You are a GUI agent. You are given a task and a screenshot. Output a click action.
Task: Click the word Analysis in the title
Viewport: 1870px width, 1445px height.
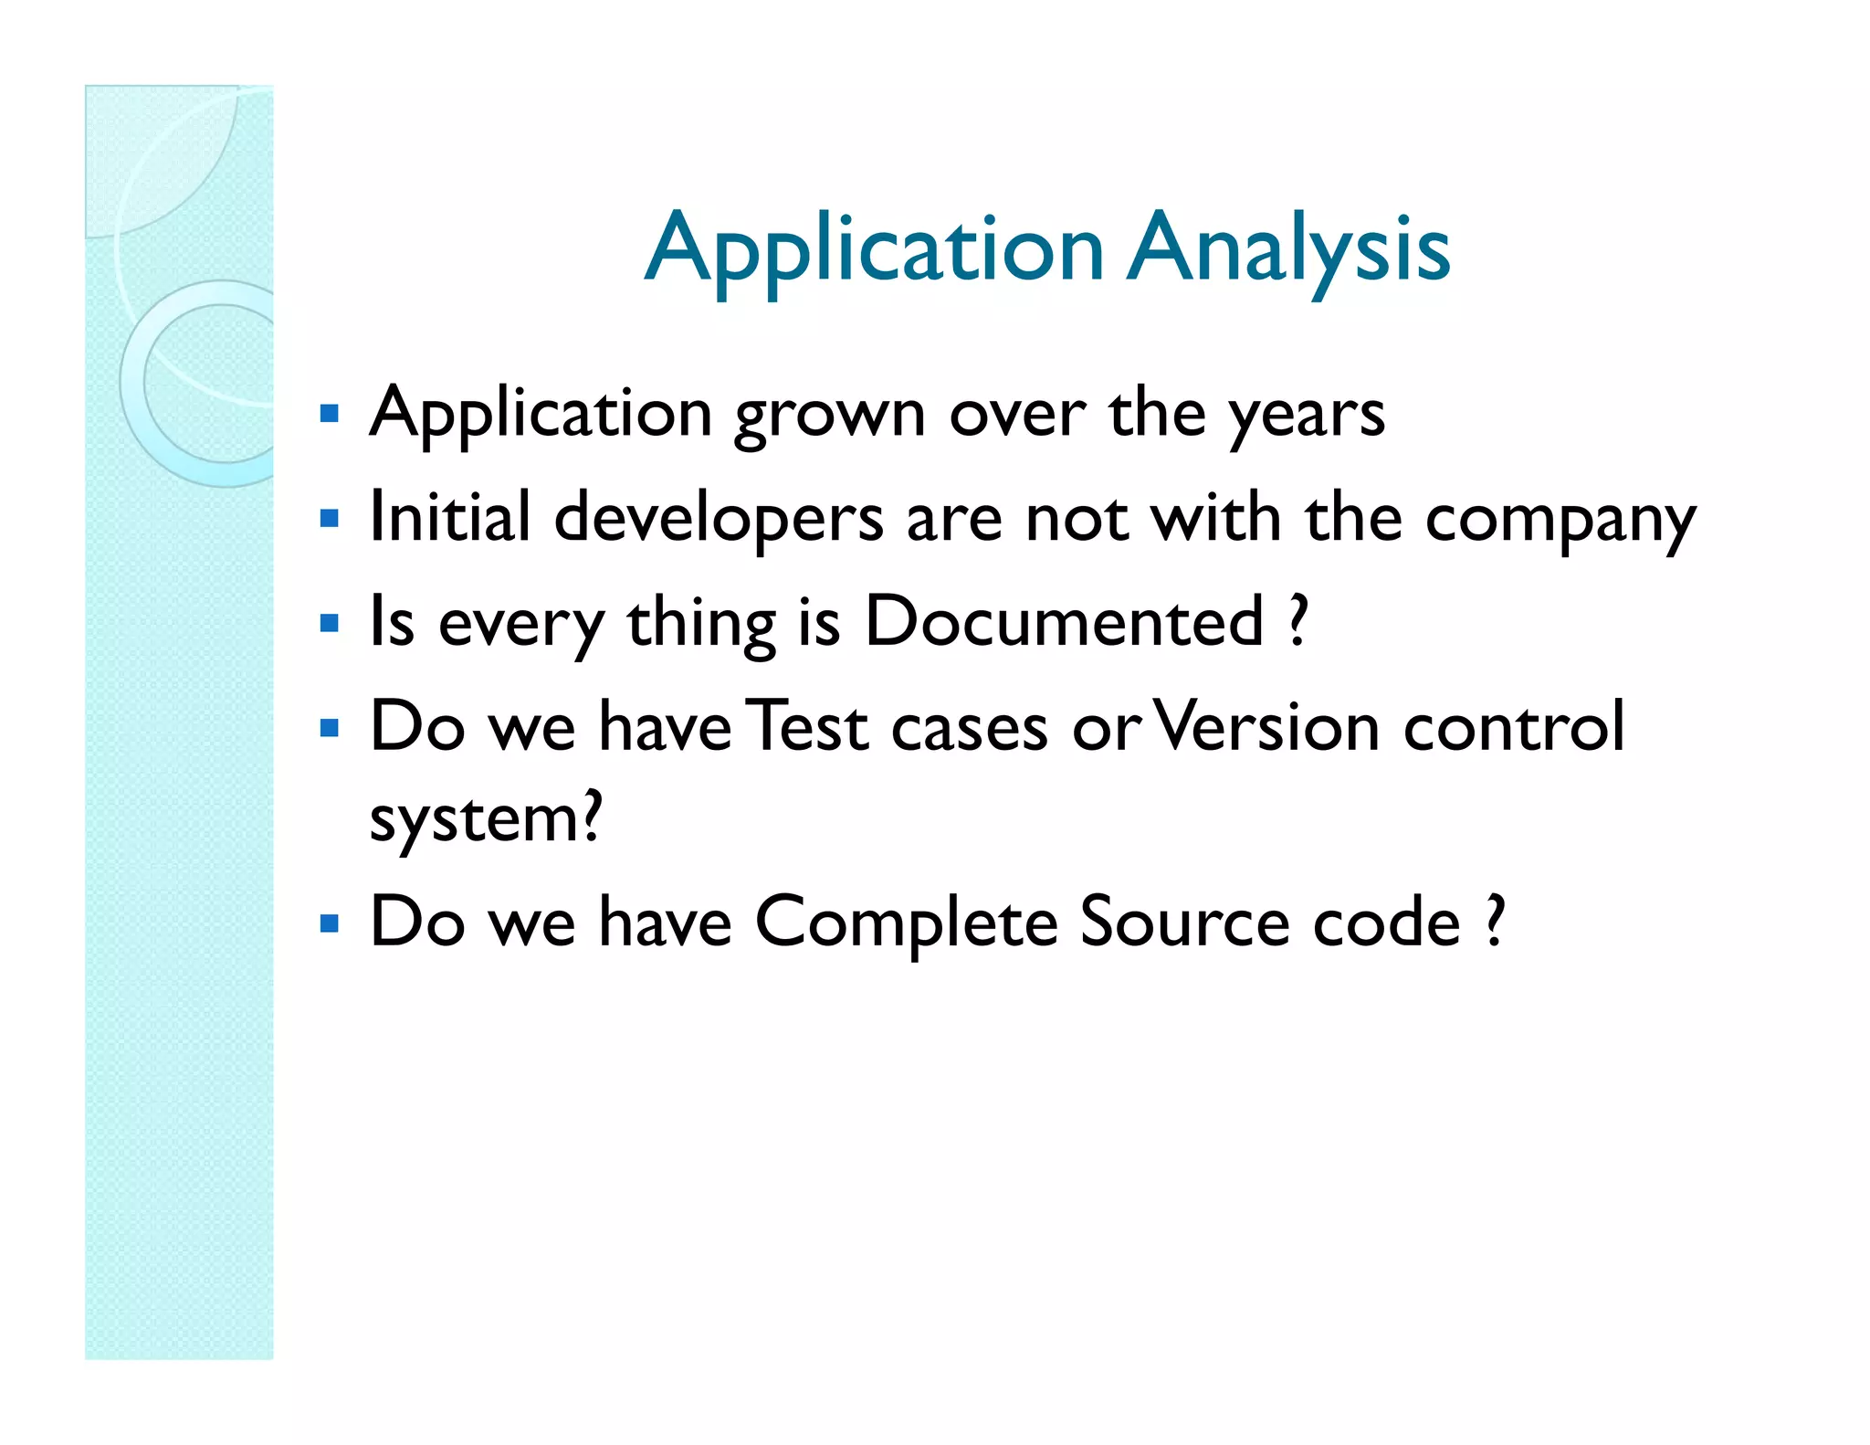pyautogui.click(x=1287, y=248)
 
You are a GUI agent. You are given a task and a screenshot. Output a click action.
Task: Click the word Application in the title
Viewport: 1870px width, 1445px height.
pyautogui.click(x=875, y=248)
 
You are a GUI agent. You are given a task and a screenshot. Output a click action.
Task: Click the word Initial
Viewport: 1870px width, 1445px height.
pyautogui.click(x=449, y=517)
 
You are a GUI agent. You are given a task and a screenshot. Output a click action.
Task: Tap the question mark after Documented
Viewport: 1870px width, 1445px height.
pyautogui.click(x=1297, y=621)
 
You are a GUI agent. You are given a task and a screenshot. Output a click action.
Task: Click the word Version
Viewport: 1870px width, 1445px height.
pyautogui.click(x=1267, y=727)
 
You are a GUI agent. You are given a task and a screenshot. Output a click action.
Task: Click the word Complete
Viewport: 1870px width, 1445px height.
pyautogui.click(x=906, y=923)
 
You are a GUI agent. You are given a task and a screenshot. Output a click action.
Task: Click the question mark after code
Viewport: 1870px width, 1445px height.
pyautogui.click(x=1494, y=922)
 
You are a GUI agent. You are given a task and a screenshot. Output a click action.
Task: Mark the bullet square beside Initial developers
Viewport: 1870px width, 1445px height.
pyautogui.click(x=330, y=520)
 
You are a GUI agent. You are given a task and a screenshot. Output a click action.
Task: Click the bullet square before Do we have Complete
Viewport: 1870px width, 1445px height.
pyautogui.click(x=330, y=923)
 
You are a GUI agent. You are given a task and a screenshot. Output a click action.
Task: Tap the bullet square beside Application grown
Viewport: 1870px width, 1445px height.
pyautogui.click(x=330, y=415)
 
